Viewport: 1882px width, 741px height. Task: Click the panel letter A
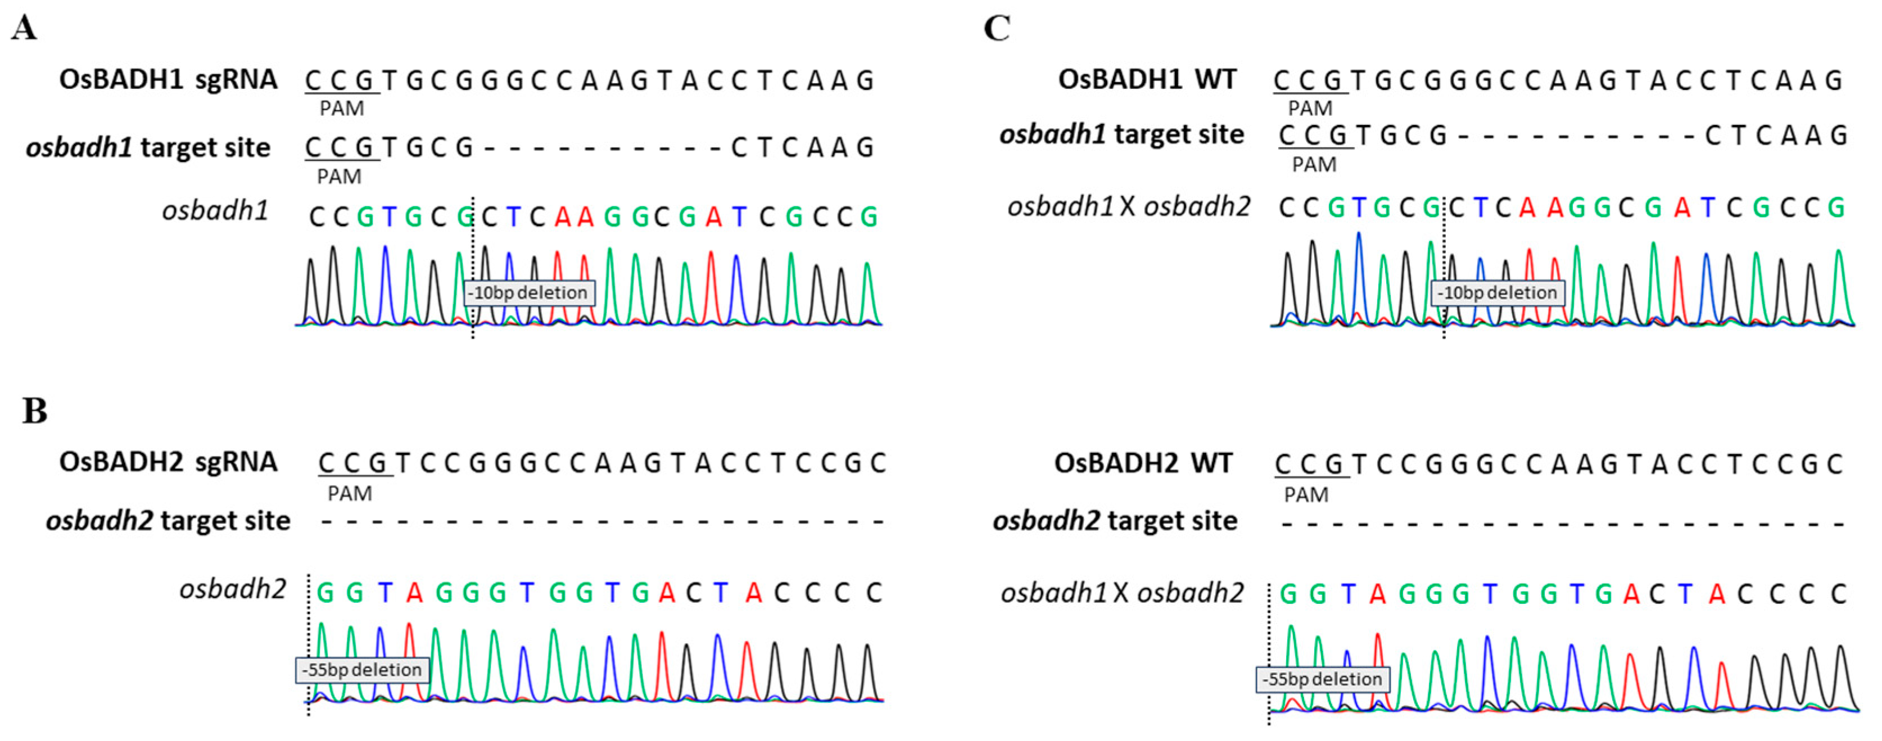pos(24,29)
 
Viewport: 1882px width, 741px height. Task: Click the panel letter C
pos(997,29)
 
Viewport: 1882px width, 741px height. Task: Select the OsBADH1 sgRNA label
pos(168,79)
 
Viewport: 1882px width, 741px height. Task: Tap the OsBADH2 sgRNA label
pos(168,462)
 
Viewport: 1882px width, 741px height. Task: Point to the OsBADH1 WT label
pos(1147,79)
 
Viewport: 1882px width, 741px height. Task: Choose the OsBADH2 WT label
pos(1143,463)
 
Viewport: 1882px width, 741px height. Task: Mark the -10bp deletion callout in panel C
pos(1498,293)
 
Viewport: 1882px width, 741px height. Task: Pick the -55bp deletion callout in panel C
pos(1322,680)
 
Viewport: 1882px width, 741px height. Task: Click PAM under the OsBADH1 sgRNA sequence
pos(342,108)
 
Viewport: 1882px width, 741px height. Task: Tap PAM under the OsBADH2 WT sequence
pos(1306,495)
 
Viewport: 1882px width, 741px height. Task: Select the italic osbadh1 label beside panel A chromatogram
pos(215,210)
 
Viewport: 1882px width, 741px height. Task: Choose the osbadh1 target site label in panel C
pos(1121,134)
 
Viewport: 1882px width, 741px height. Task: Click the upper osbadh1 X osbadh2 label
pos(1129,207)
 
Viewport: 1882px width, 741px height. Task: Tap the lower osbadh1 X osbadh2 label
pos(1122,593)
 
